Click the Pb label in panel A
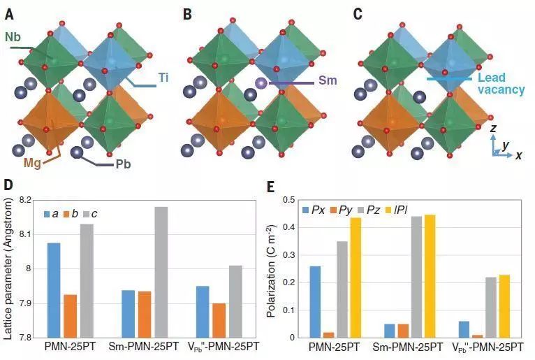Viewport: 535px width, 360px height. [123, 165]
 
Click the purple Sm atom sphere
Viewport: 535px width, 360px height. [261, 82]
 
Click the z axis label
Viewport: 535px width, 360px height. [493, 128]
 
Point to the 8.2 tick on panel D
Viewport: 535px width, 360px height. [27, 201]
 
